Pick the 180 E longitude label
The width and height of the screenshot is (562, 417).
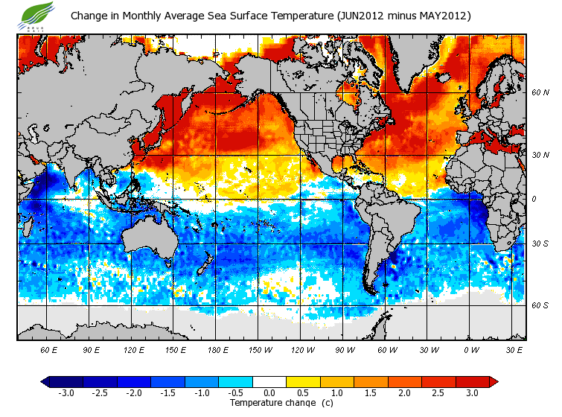pos(217,349)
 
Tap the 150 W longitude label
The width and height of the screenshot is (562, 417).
pos(259,349)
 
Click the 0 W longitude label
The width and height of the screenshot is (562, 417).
pos(471,349)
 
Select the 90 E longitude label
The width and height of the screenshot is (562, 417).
pos(92,349)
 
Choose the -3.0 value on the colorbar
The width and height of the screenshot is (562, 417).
pos(66,392)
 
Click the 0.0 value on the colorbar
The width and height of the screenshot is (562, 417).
pos(269,392)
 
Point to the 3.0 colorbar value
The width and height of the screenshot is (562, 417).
pos(472,392)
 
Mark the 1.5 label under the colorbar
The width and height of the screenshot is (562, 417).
pos(371,392)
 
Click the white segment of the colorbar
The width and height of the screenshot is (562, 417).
pos(269,381)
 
